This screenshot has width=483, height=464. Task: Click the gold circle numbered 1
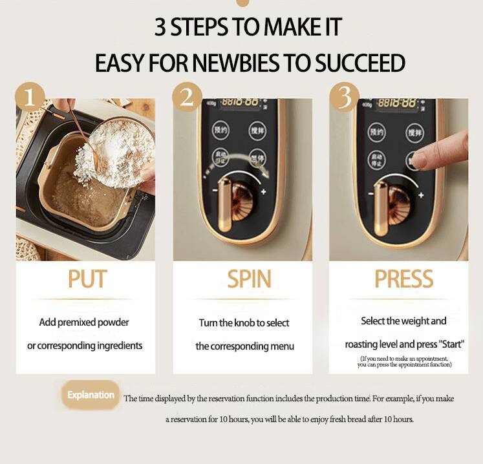[29, 96]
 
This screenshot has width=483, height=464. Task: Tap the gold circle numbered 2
[187, 97]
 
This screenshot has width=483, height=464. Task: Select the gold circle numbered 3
[345, 97]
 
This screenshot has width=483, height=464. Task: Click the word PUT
[87, 279]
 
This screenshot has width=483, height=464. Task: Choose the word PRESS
[404, 279]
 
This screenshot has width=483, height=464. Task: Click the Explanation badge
[91, 395]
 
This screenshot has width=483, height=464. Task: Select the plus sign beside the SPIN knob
[263, 191]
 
